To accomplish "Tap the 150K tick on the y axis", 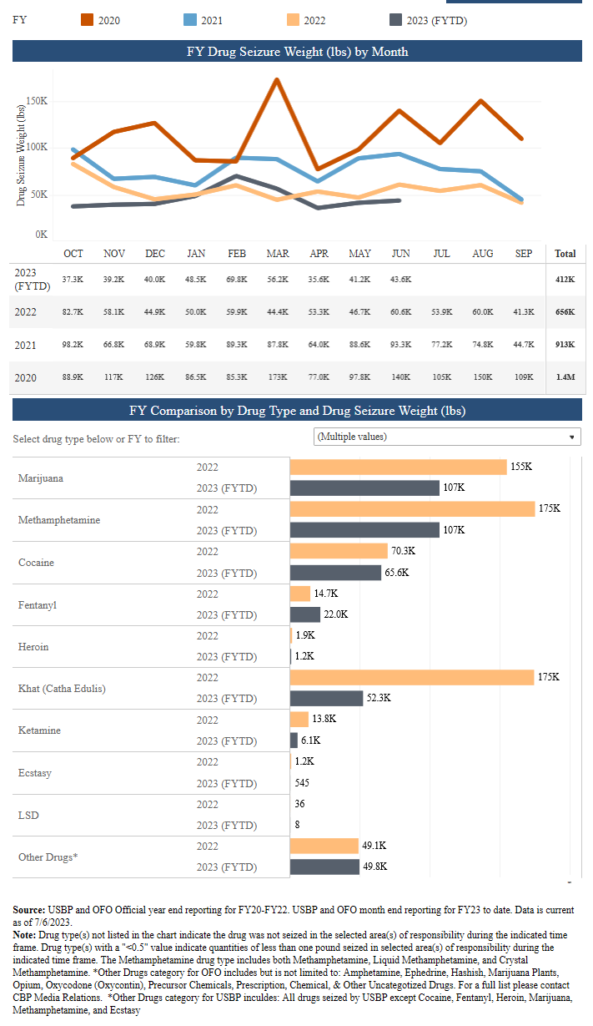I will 38,100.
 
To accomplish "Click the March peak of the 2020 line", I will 276,80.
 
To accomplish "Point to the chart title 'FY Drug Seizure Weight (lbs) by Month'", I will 297,52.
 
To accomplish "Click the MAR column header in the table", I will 278,254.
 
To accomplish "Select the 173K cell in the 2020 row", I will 278,377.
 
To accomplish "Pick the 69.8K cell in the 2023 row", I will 237,278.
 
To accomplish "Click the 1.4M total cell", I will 565,377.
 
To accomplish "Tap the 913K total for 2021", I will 565,344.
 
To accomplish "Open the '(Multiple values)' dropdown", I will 447,437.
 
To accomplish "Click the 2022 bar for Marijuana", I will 398,467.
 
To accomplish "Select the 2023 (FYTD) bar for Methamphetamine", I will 364,530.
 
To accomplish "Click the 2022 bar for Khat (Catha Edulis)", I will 411,677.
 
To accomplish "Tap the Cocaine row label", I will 36,563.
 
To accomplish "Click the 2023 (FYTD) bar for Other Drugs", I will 325,867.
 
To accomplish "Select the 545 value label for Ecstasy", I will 304,783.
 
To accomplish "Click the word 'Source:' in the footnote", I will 30,908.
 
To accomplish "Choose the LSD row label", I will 28,815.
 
